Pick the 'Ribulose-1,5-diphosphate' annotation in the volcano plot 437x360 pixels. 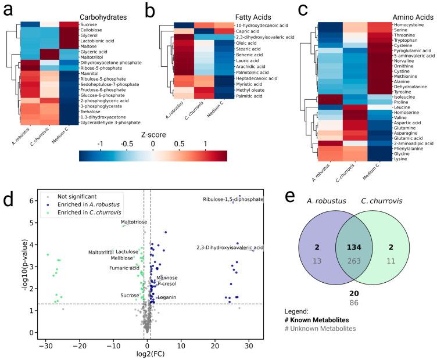point(233,200)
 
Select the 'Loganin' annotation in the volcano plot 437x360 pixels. point(167,297)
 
